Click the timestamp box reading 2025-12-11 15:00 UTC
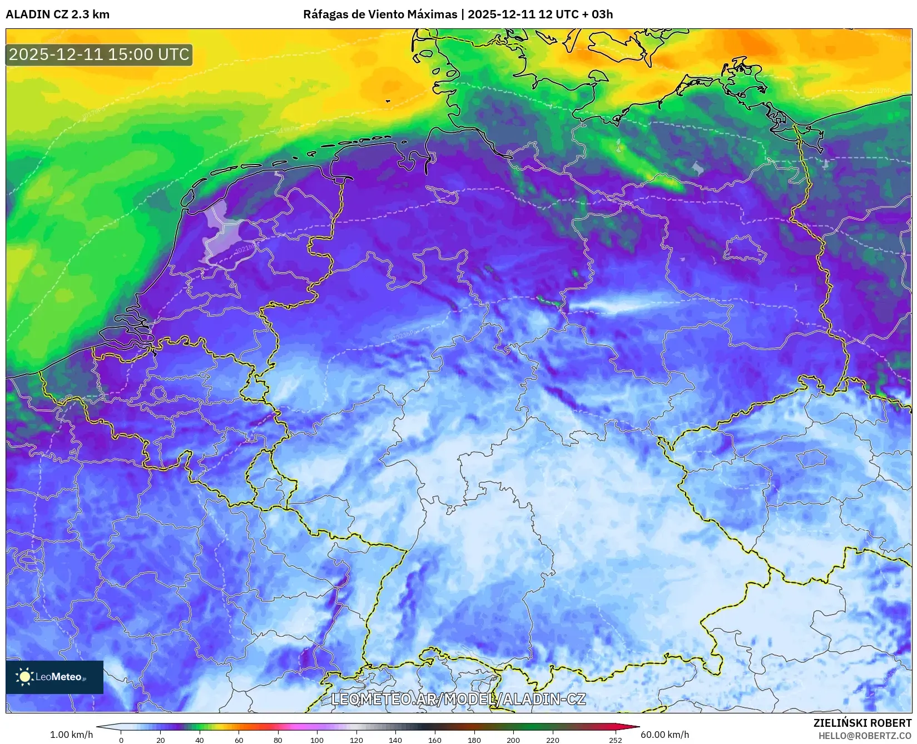tap(99, 54)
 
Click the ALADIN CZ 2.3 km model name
tap(57, 14)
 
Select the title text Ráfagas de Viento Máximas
tap(379, 14)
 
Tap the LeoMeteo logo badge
tap(54, 677)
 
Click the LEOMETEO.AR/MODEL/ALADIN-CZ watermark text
tap(458, 699)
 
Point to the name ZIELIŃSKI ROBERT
tap(863, 723)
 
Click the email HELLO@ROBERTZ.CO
tap(865, 736)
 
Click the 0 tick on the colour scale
tap(121, 740)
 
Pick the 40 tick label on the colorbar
tap(200, 740)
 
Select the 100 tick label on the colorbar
tap(317, 740)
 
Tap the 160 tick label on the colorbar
tap(435, 740)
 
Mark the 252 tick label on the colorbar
tap(616, 740)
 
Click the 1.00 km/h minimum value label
tap(72, 735)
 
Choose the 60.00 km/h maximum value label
tap(665, 735)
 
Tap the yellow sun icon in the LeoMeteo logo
tap(24, 677)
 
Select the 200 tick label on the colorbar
tap(513, 740)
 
